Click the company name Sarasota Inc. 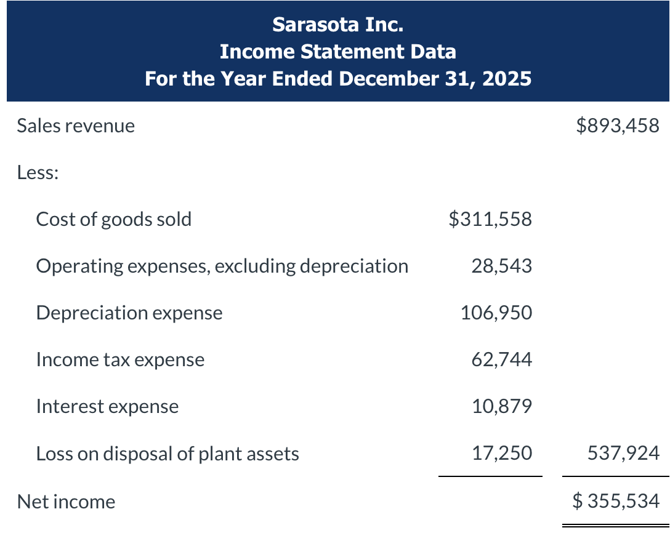tap(337, 25)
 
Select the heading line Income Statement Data tap(337, 52)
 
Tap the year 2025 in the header tap(507, 79)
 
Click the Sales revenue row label tap(76, 126)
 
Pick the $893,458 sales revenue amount tap(617, 126)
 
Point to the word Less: tap(38, 172)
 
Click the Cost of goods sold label tap(114, 219)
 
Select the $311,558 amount tap(490, 219)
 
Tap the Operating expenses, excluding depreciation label tap(222, 266)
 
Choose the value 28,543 tap(501, 266)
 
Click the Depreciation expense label tap(129, 313)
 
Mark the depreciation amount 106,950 tap(496, 313)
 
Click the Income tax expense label tap(120, 359)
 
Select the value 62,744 tap(501, 359)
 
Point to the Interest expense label tap(107, 406)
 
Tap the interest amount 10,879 tap(501, 406)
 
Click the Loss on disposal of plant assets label tap(167, 454)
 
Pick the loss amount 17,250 tap(501, 454)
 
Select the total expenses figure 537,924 tap(624, 454)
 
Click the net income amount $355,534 tap(616, 501)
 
